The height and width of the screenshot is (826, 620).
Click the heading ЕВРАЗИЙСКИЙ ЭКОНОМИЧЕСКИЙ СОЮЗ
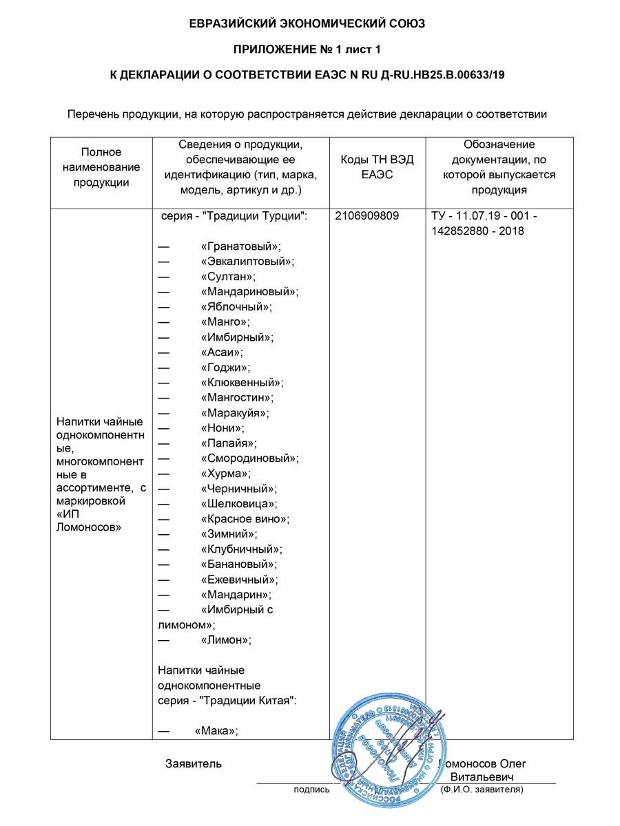307,23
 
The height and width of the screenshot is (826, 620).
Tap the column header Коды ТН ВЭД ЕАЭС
378,167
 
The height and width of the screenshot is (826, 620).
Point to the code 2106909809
367,216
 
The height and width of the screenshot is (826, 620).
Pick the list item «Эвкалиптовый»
247,262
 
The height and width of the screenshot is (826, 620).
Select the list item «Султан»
228,277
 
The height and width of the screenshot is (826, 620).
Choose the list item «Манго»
225,321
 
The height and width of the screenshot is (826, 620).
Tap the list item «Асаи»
222,352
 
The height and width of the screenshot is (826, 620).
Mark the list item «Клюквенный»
242,382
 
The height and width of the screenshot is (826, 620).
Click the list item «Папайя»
228,443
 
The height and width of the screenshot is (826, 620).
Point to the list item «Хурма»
225,473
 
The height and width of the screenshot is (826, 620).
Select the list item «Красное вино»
245,518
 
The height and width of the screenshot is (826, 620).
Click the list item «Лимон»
226,639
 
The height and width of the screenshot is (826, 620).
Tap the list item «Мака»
216,730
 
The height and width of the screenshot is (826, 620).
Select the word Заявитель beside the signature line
194,763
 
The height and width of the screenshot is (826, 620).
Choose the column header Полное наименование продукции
101,167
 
